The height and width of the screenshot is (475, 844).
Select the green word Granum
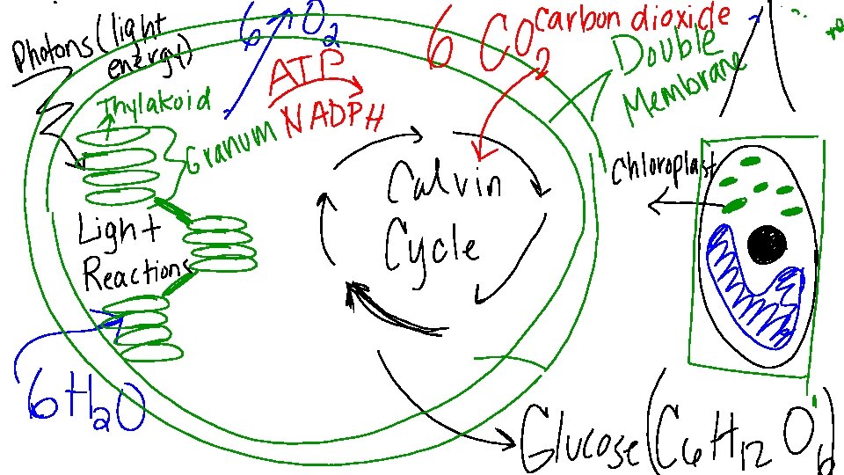[x=232, y=150]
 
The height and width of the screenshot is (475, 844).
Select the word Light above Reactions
[x=119, y=234]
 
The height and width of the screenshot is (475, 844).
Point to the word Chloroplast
[x=664, y=166]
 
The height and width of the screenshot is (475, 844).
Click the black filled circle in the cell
[x=768, y=245]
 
